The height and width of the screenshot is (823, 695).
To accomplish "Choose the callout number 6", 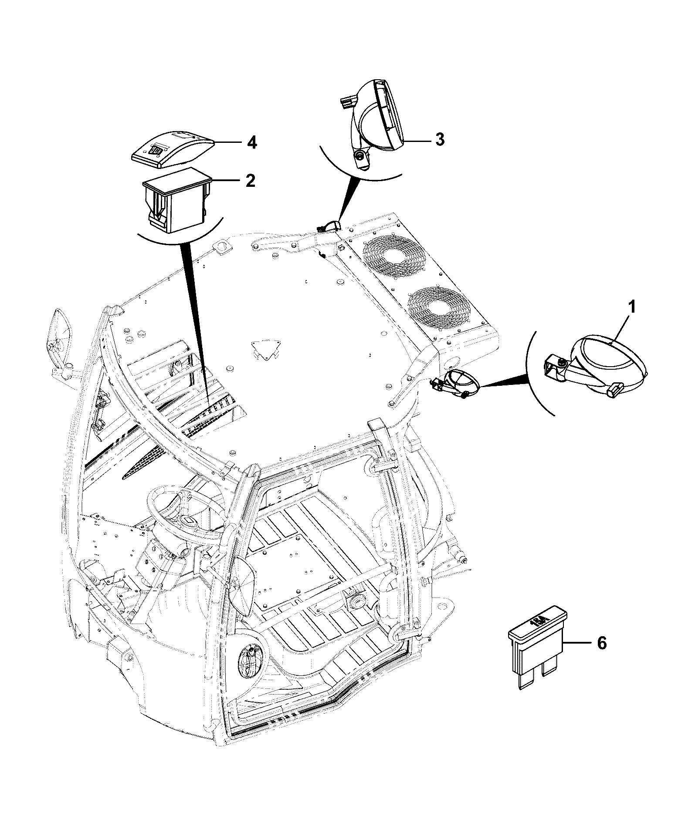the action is click(601, 643).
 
